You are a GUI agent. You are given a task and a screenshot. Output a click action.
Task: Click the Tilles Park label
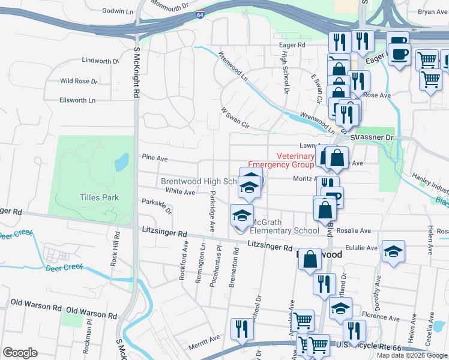click(x=99, y=197)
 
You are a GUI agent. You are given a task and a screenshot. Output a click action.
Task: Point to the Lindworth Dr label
click(x=100, y=61)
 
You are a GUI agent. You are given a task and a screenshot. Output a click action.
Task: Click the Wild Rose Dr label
click(x=78, y=81)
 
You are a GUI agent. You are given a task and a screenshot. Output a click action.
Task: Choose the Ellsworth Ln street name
click(x=77, y=100)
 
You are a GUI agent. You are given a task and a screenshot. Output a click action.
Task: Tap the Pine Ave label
click(x=154, y=157)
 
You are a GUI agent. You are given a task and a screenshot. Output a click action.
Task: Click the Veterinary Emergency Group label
click(x=281, y=160)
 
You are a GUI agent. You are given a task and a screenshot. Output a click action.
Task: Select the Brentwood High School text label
click(x=200, y=181)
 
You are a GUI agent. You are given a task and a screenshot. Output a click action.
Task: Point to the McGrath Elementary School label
click(x=284, y=226)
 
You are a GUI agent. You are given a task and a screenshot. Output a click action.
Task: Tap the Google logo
click(x=20, y=352)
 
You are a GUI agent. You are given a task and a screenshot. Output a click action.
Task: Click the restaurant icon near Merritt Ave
click(x=241, y=328)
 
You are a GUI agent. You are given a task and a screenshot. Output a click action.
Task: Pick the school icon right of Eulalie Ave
click(x=394, y=250)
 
